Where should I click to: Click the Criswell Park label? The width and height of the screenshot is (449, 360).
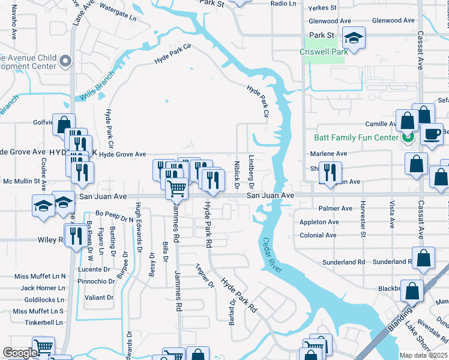coord(324,52)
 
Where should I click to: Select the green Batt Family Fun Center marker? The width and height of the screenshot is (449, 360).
coord(408,137)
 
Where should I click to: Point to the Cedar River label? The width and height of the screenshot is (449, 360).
coord(272,256)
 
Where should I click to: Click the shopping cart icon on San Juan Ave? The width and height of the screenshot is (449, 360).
coord(176,188)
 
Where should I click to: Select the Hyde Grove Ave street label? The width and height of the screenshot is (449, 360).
coord(122,154)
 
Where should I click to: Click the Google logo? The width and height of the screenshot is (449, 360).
coord(20,353)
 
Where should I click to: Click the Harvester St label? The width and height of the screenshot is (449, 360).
coord(363,213)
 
